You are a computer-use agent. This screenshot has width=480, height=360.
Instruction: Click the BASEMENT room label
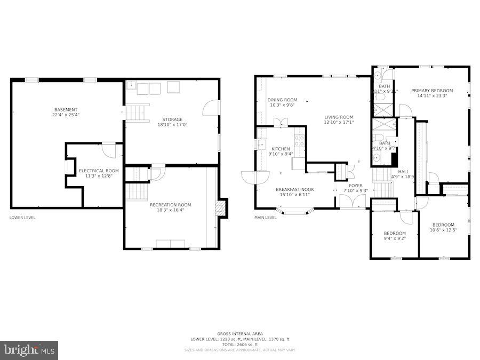click(66, 110)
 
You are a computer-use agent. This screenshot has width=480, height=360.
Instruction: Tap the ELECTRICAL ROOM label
click(99, 171)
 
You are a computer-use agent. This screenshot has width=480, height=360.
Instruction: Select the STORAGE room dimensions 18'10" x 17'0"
click(173, 125)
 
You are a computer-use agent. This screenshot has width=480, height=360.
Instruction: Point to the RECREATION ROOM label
click(170, 205)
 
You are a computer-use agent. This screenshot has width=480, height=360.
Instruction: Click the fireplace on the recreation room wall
click(221, 208)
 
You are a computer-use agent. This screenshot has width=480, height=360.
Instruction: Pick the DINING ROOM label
click(282, 100)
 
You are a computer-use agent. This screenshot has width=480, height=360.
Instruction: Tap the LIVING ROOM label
click(339, 117)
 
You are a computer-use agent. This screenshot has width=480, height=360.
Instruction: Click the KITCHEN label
click(281, 149)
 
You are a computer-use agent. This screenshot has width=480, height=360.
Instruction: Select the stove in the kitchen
click(300, 140)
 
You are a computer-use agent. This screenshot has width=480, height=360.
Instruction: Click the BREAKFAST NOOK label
click(294, 189)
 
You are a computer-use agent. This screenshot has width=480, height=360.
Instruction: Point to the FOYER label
click(356, 186)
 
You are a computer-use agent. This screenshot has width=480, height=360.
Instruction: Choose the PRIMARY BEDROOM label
click(432, 91)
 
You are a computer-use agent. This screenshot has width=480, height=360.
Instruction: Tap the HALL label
click(403, 171)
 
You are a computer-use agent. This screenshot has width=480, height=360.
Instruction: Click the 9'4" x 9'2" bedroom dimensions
click(395, 238)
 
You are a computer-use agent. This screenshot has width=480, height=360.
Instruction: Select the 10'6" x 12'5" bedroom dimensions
click(443, 230)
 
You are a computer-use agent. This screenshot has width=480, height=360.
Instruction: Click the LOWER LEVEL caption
click(22, 218)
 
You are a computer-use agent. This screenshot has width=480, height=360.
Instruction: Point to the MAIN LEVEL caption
click(266, 218)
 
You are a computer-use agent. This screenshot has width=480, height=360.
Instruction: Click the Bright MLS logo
click(29, 350)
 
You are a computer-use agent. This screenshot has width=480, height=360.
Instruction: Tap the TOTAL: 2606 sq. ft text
click(239, 345)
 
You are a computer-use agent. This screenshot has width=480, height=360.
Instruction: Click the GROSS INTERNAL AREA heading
click(239, 334)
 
